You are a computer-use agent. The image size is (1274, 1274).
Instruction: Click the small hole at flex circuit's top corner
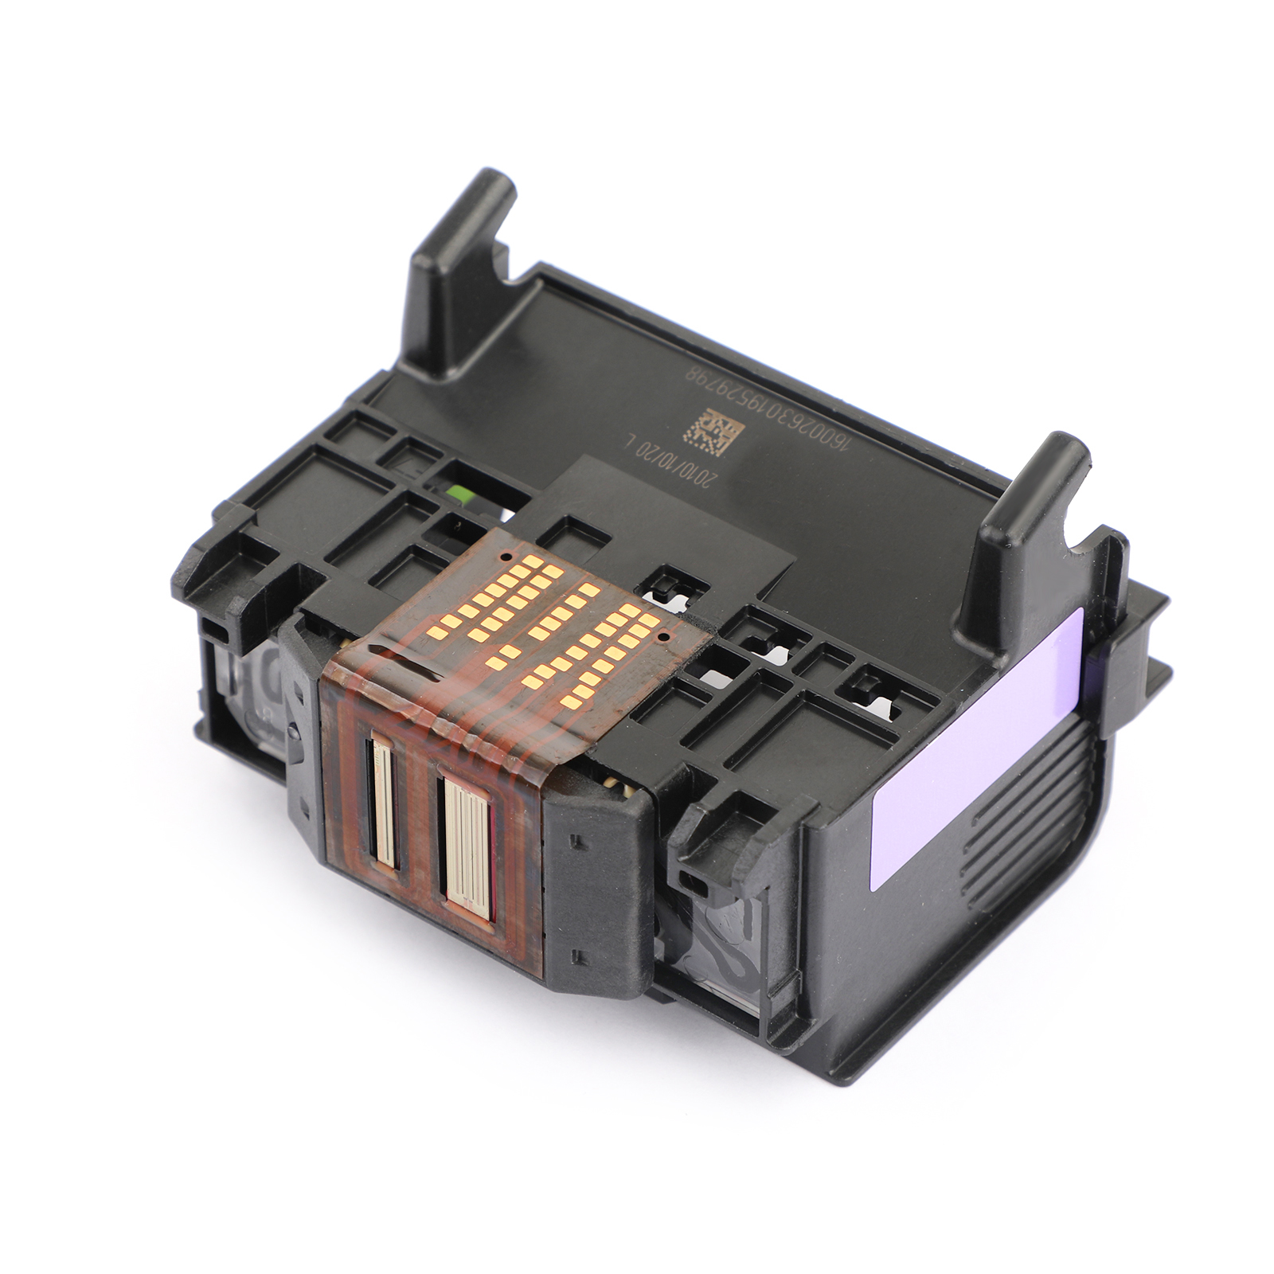506,555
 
